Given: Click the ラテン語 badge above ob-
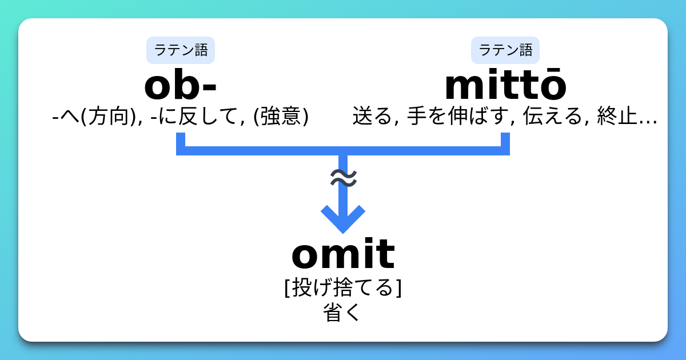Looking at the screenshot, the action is [181, 50].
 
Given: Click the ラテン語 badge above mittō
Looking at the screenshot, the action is [505, 50].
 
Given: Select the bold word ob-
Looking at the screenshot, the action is [181, 85].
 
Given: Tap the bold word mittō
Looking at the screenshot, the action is [505, 84].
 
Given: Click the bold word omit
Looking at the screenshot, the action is [343, 254].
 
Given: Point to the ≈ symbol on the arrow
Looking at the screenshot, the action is [344, 178].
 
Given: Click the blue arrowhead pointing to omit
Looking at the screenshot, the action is [343, 219].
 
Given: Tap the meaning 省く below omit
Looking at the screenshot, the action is [342, 312].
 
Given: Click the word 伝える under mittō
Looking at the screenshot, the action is [552, 115].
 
